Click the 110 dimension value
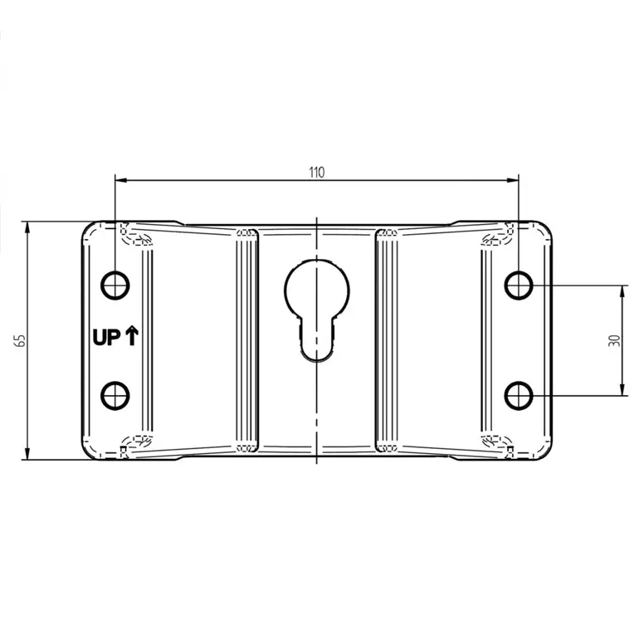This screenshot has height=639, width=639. point(317,173)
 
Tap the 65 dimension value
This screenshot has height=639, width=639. point(20,340)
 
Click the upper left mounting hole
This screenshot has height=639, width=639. point(115,285)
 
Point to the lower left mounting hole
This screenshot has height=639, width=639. point(115,396)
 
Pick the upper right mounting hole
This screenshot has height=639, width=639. point(519,285)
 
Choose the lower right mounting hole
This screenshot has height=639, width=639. point(519,396)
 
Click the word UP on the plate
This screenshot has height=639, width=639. point(107,338)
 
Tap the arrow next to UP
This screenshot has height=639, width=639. point(132,336)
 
